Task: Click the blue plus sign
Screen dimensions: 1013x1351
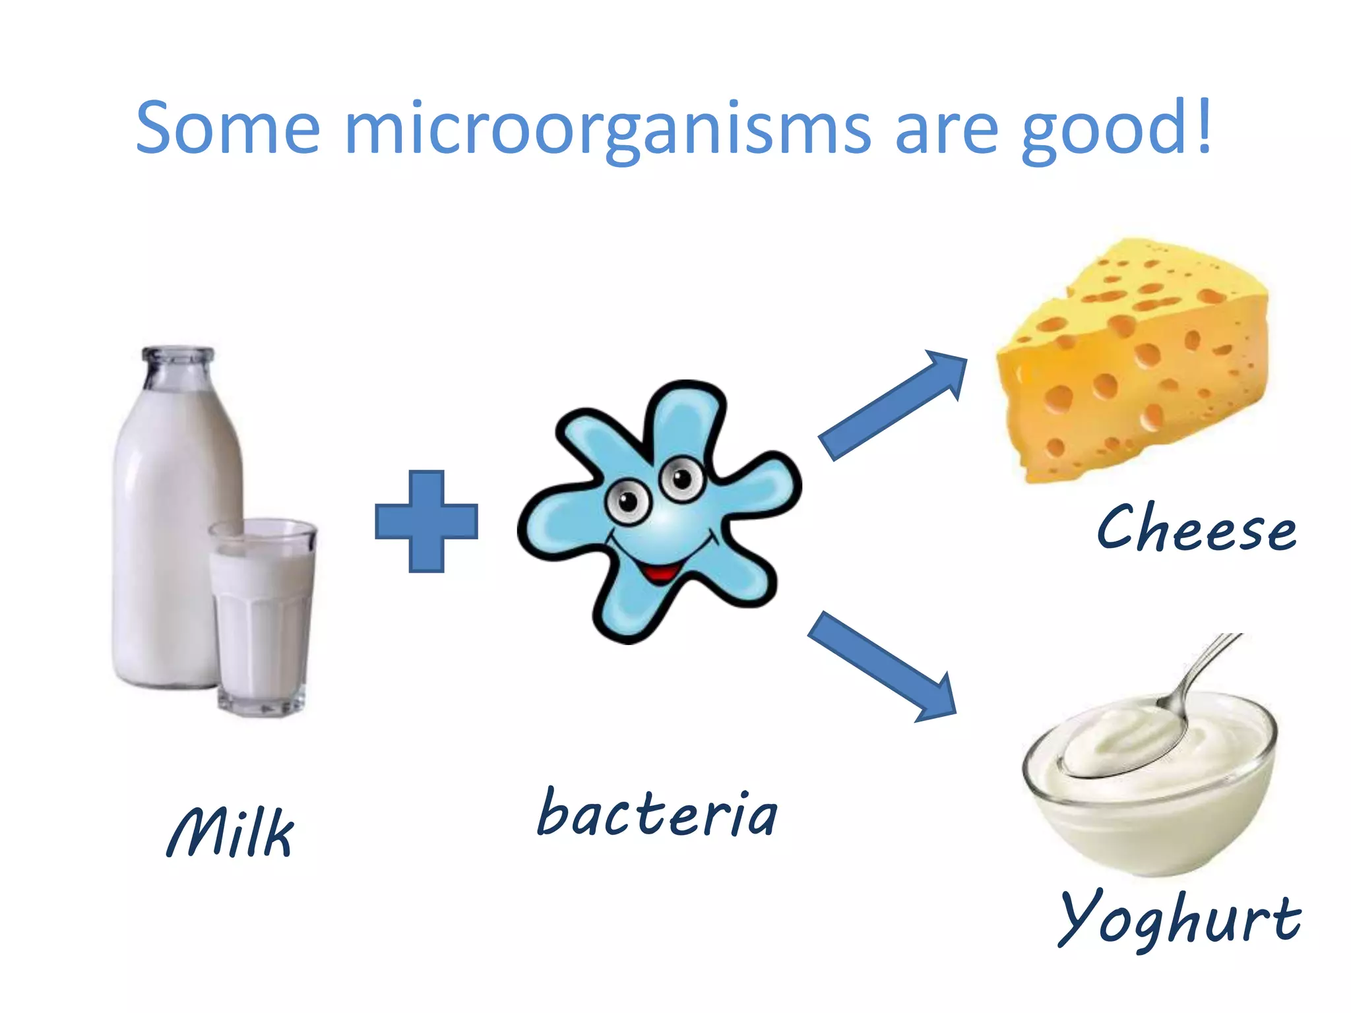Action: coord(426,521)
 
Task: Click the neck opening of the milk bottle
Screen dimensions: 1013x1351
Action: coord(178,353)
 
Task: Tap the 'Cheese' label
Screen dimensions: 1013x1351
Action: coord(1197,528)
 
